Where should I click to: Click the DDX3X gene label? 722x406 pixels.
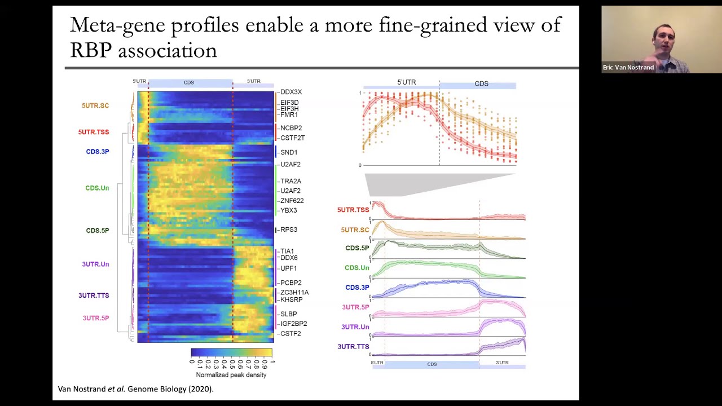point(290,92)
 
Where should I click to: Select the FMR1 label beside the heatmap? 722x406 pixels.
point(289,115)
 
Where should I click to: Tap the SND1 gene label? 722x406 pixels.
point(288,152)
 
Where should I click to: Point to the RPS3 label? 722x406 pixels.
point(288,230)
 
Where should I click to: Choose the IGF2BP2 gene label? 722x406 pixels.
point(293,324)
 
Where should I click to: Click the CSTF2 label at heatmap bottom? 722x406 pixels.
point(290,334)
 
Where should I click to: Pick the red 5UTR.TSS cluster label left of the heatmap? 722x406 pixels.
point(94,132)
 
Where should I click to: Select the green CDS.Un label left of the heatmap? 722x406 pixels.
point(97,188)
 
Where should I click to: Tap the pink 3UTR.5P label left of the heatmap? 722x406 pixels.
point(96,318)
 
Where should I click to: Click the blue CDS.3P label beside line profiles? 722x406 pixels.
point(357,288)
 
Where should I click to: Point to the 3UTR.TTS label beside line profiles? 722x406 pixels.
point(353,347)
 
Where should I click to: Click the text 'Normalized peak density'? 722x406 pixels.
point(231,375)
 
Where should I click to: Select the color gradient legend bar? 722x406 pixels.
point(231,352)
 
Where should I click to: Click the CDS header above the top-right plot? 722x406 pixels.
point(481,83)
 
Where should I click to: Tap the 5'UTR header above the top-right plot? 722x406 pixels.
point(406,82)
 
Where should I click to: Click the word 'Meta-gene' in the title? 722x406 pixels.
point(118,25)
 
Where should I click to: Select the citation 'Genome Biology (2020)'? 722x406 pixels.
point(170,389)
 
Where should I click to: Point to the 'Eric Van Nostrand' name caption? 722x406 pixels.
point(628,68)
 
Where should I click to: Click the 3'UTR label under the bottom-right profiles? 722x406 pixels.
point(502,363)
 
